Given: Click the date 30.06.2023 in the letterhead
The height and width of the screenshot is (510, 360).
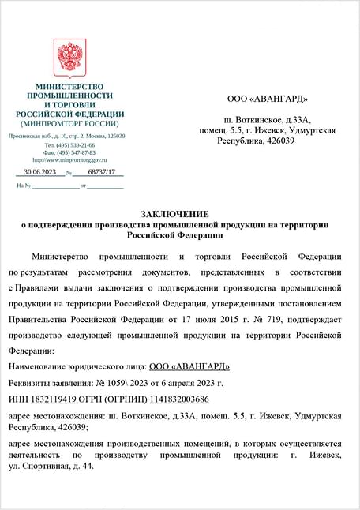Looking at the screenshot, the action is (x=40, y=172).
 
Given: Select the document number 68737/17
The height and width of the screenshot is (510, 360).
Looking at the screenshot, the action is (x=101, y=172).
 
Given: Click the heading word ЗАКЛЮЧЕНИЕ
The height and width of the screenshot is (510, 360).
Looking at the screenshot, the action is (x=174, y=214).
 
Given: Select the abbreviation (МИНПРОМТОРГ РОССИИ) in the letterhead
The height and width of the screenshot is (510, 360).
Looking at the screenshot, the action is (x=70, y=123).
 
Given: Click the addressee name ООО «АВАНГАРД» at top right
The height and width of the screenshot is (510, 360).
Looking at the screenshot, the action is (x=267, y=99).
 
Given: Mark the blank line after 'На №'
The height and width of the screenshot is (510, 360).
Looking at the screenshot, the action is (x=55, y=186).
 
